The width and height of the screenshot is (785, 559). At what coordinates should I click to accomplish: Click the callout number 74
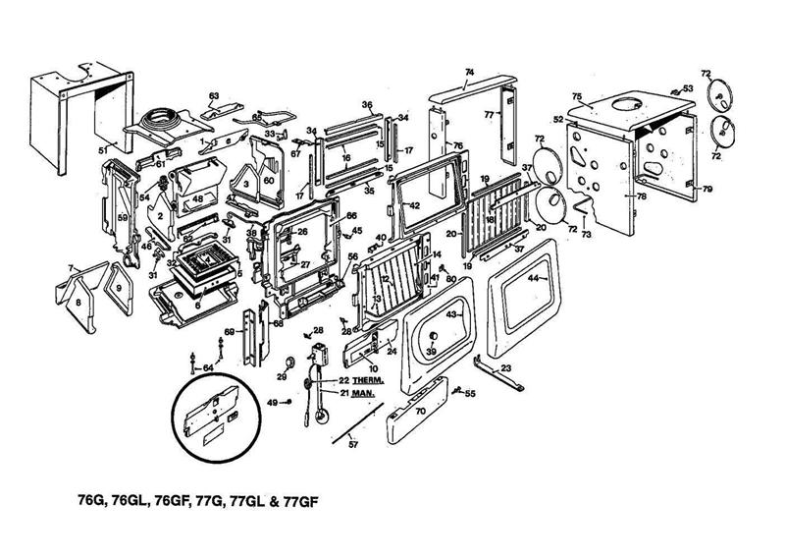pyautogui.click(x=469, y=74)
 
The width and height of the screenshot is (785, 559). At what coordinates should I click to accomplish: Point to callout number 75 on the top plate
pyautogui.click(x=578, y=98)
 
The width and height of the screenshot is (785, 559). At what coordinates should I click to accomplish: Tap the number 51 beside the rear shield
pyautogui.click(x=101, y=150)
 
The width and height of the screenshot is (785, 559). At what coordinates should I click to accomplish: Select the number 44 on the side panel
pyautogui.click(x=534, y=279)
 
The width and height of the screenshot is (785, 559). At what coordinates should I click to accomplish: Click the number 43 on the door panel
pyautogui.click(x=452, y=314)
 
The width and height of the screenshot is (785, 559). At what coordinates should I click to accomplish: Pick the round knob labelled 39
pyautogui.click(x=430, y=353)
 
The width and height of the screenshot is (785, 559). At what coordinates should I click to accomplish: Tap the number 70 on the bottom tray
pyautogui.click(x=420, y=413)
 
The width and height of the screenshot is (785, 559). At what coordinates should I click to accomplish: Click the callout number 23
pyautogui.click(x=506, y=368)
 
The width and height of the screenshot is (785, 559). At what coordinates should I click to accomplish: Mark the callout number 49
pyautogui.click(x=273, y=402)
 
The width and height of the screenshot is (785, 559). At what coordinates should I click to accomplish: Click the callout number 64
pyautogui.click(x=207, y=367)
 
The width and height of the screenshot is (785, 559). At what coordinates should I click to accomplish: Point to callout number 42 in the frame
pyautogui.click(x=415, y=205)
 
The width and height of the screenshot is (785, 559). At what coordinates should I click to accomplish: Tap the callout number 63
pyautogui.click(x=213, y=95)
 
